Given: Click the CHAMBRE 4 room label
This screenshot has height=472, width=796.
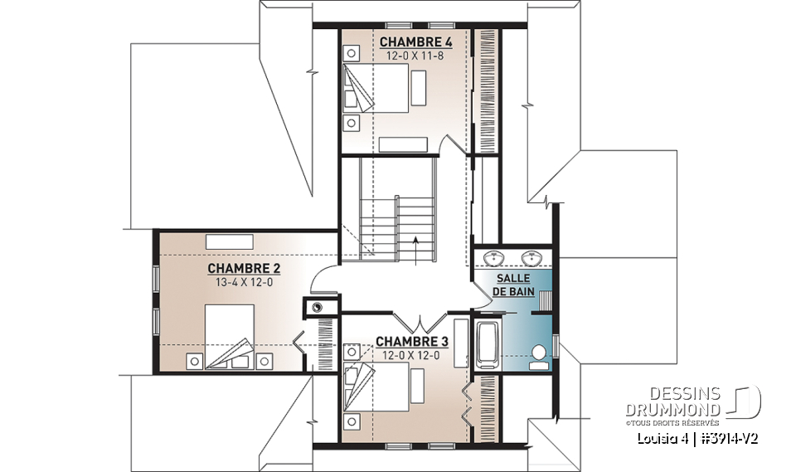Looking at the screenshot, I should coord(405,41).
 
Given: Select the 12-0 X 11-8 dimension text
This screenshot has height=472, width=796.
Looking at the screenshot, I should coord(405,55).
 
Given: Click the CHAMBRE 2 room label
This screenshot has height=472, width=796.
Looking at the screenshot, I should coord(243,268).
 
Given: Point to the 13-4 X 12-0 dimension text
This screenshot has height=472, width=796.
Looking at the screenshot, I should coord(243,282).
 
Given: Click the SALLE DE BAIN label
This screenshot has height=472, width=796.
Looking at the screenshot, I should coord(514,285).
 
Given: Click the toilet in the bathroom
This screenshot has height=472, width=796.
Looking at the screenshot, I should coord(540,355).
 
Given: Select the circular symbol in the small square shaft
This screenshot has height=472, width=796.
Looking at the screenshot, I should coord(317,307).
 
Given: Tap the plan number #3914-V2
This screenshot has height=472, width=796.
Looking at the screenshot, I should coord(729,437).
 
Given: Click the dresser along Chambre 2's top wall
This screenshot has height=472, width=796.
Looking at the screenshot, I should coord(230,241).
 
